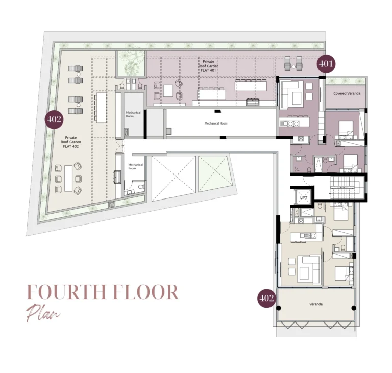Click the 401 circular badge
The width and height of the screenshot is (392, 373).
326,64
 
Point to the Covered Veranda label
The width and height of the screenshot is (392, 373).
346,94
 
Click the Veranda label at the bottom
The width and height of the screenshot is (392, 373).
316,304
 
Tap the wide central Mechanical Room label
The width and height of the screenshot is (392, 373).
215,123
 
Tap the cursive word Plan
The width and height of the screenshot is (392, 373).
43,312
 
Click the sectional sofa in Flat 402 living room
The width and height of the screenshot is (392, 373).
309,267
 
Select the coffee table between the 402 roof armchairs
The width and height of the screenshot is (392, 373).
68,178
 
